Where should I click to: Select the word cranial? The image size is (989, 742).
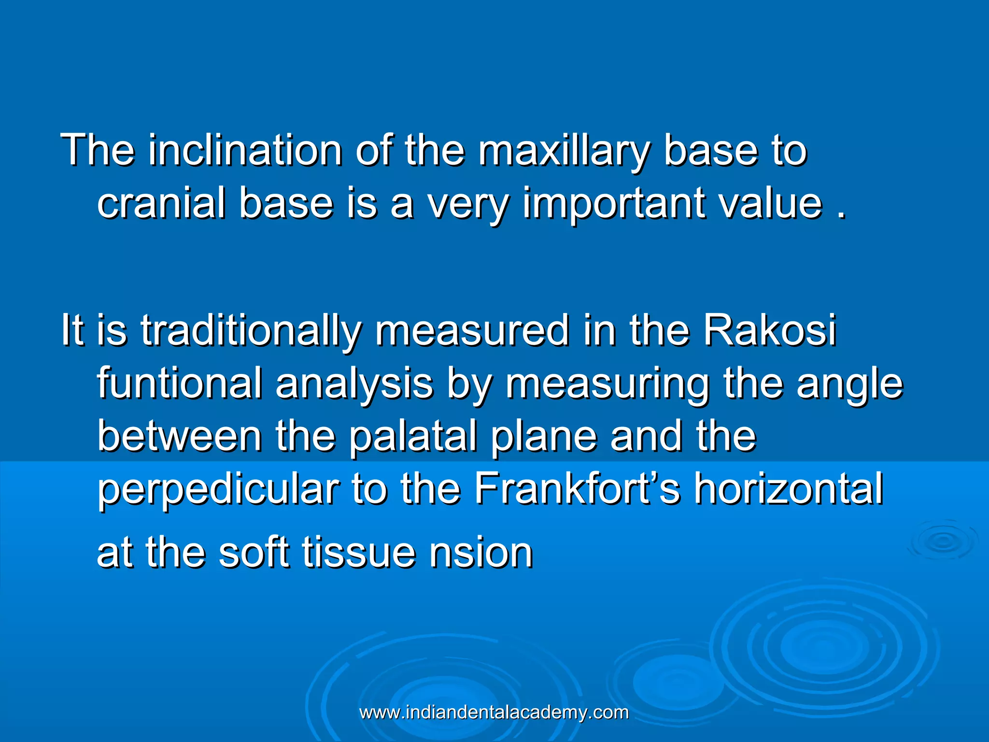tap(161, 203)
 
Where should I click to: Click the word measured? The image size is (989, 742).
tap(473, 330)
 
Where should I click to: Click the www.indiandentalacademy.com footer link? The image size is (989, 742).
tap(494, 713)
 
